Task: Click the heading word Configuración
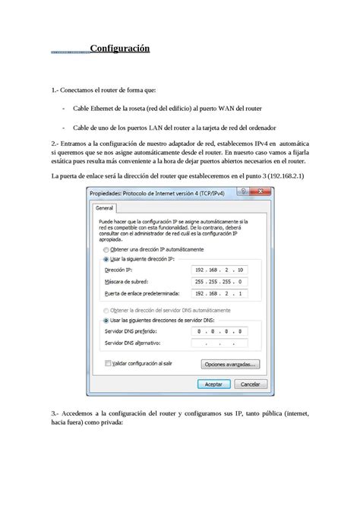[120, 49]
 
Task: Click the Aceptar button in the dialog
[213, 385]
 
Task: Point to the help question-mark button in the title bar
[245, 193]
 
